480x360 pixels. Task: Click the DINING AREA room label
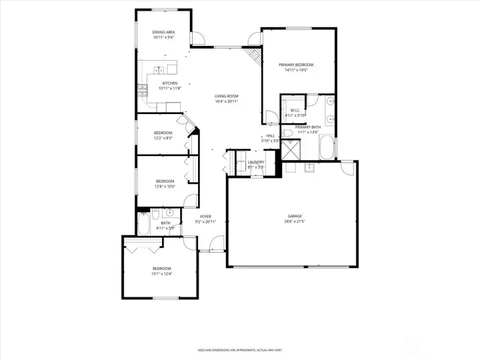(163, 32)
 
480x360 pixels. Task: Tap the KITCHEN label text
(169, 83)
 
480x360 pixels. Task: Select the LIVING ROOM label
(227, 97)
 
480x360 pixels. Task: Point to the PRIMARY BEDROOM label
(295, 65)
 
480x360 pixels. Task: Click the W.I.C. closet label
(293, 111)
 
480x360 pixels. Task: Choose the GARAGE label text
(295, 216)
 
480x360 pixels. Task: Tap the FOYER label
(205, 217)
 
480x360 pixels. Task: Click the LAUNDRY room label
(256, 162)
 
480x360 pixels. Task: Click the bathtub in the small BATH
(143, 224)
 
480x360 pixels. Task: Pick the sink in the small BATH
(170, 213)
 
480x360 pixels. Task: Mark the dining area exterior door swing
(199, 39)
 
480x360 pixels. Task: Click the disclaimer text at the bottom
(239, 350)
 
